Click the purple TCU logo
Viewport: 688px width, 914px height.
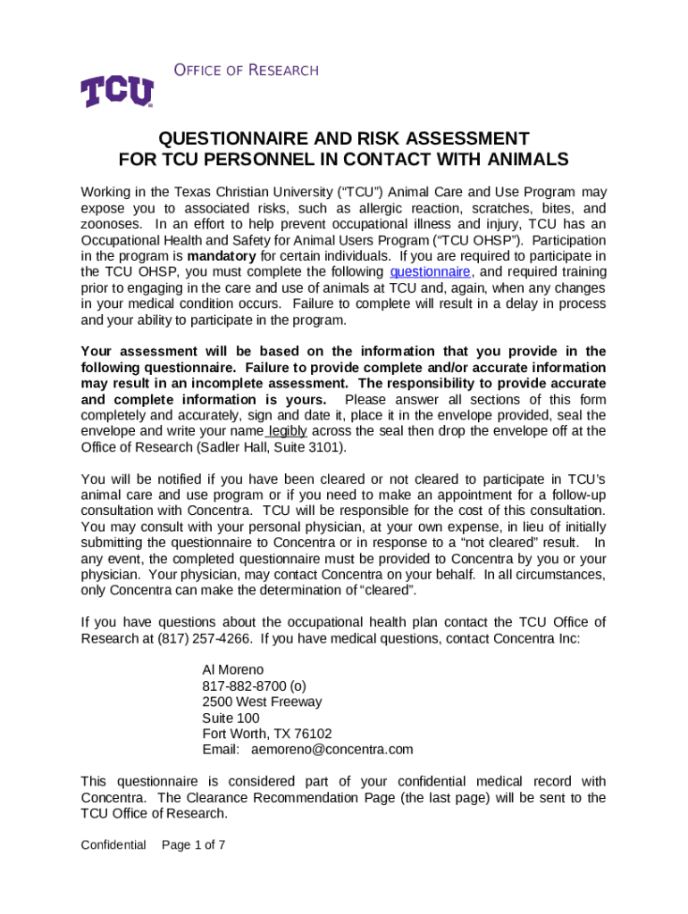(117, 92)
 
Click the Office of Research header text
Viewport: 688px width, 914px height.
(232, 71)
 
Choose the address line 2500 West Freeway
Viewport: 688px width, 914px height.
(262, 702)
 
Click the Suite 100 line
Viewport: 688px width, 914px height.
(231, 718)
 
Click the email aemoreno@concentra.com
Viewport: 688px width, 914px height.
(332, 750)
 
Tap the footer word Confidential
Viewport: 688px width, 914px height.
(113, 844)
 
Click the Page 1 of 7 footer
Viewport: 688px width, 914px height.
(193, 844)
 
